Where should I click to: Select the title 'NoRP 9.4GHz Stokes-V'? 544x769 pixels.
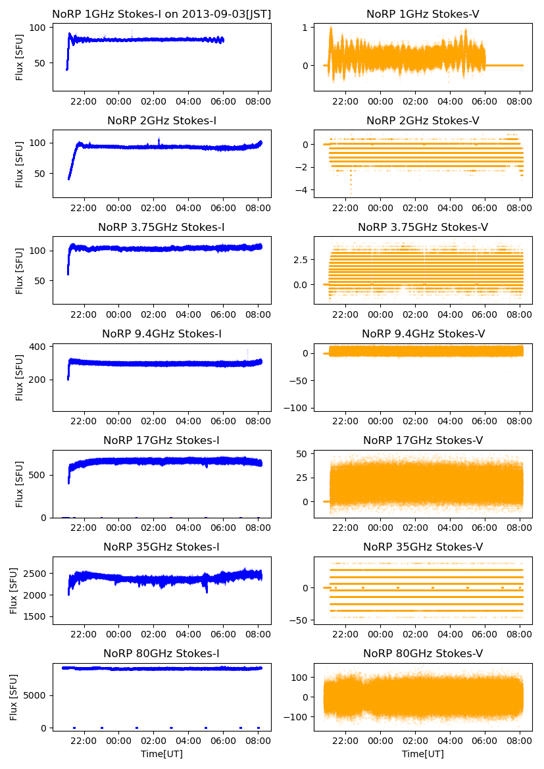pos(423,334)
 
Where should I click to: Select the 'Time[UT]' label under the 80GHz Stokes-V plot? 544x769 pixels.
pos(423,753)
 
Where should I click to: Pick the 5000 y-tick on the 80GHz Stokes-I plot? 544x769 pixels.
pos(35,695)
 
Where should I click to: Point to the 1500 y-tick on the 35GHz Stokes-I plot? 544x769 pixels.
pos(35,616)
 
